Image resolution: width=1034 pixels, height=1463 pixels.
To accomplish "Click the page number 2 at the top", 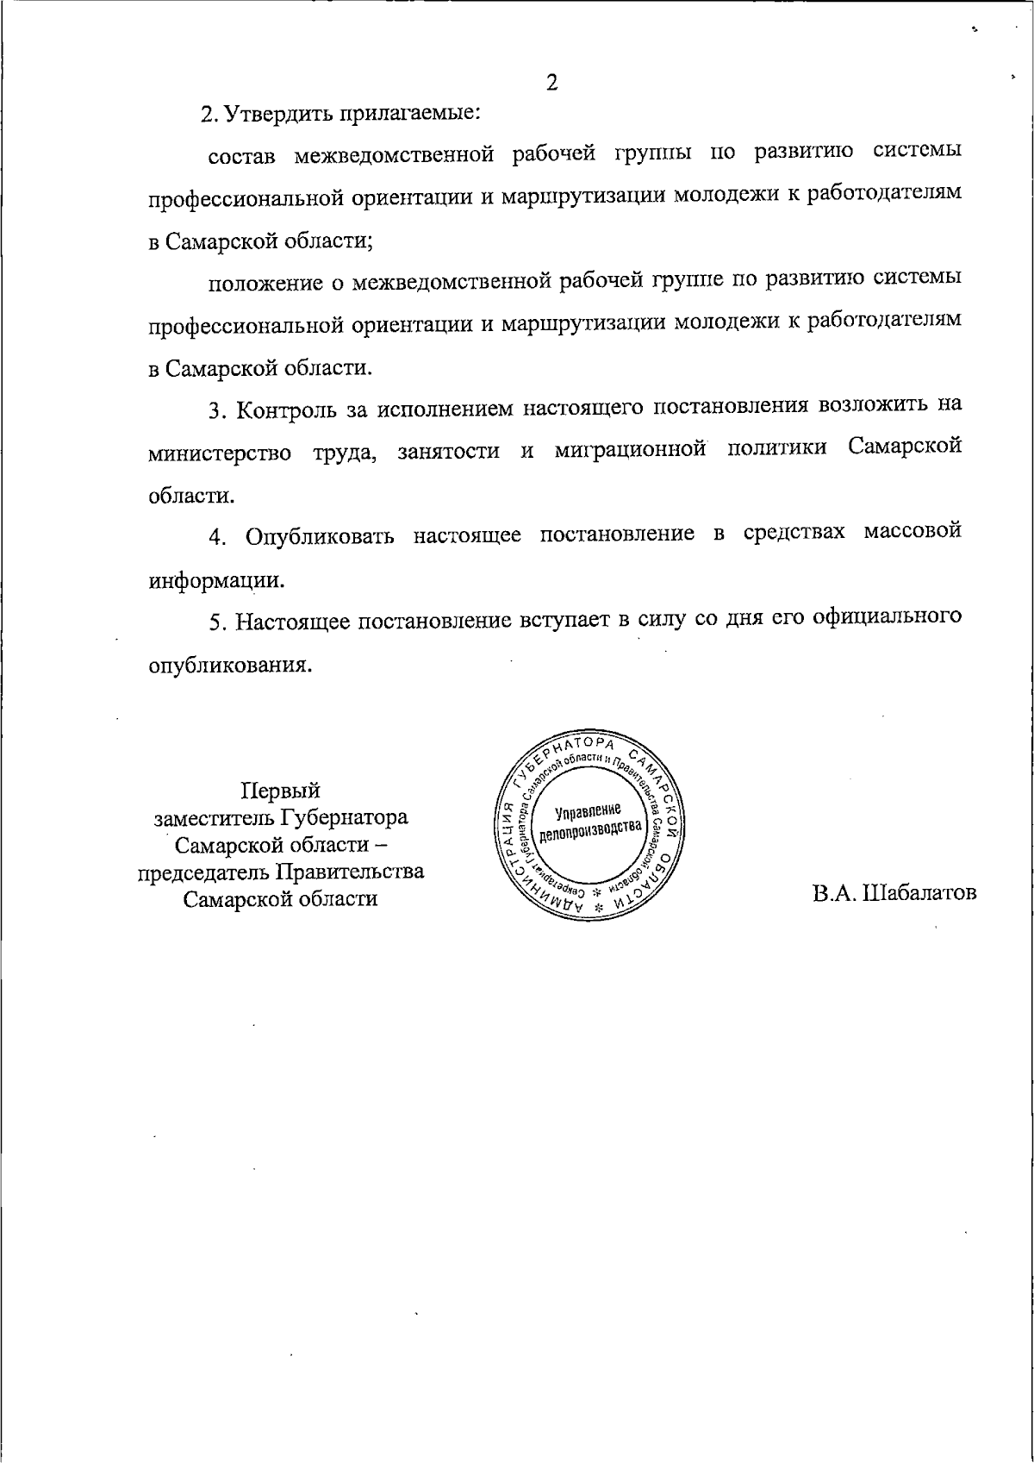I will click(551, 83).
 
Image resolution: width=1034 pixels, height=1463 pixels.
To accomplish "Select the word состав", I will click(241, 156).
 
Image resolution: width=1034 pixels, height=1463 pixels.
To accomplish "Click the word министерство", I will click(220, 452).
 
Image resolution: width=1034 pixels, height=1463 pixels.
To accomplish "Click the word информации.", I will click(215, 580).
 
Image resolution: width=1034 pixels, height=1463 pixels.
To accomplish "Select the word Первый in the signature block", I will click(280, 790).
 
